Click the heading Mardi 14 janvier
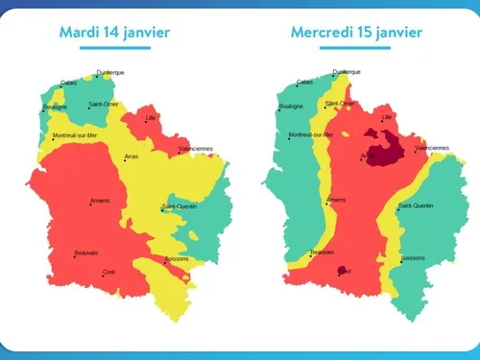114,33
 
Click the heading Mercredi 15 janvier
356,33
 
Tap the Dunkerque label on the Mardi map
109,72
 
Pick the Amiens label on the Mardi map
99,201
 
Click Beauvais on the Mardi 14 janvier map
86,253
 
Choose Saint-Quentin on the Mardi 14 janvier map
180,206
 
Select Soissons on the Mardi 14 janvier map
177,258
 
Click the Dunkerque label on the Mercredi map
347,72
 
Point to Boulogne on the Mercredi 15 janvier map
291,107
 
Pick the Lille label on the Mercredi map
387,117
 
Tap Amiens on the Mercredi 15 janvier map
335,201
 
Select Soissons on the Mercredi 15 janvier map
413,258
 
